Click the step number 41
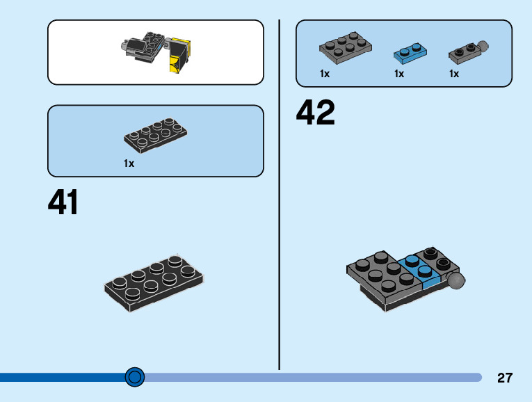click(63, 202)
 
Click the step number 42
click(316, 113)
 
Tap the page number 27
click(505, 378)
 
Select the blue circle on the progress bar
click(135, 377)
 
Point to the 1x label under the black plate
click(129, 163)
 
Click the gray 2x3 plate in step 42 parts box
click(345, 45)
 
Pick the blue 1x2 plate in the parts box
click(410, 51)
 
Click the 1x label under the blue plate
click(399, 74)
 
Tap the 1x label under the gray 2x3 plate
click(325, 74)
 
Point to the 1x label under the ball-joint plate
click(454, 74)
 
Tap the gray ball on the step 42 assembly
click(456, 280)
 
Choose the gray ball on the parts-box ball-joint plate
click(484, 47)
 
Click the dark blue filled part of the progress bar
click(63, 377)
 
